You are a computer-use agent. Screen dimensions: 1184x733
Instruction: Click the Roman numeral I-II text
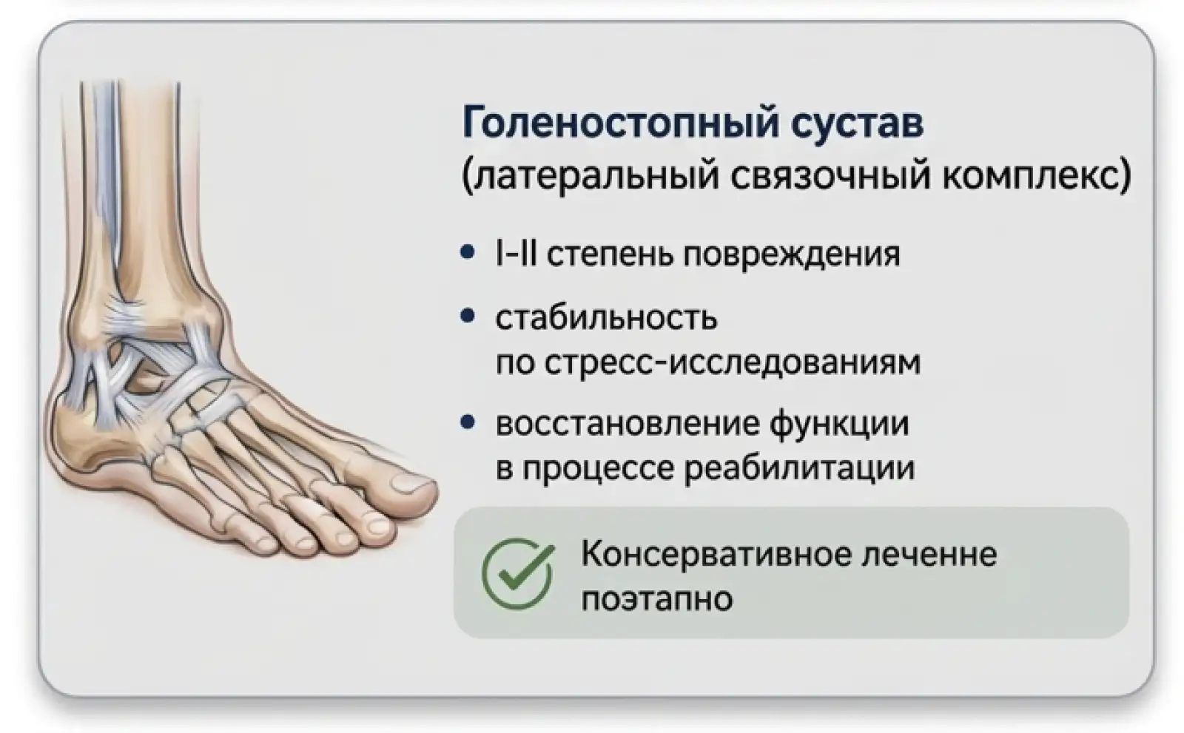tap(517, 254)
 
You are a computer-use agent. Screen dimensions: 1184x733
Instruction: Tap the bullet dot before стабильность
tap(467, 317)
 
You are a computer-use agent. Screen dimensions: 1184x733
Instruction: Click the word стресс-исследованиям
tap(733, 363)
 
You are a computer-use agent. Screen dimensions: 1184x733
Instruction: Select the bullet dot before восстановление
tap(467, 422)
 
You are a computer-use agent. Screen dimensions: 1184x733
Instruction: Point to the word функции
tap(839, 425)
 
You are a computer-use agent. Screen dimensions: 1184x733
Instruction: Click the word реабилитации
tap(799, 469)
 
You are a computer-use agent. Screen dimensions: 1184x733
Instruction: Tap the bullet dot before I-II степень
tap(467, 252)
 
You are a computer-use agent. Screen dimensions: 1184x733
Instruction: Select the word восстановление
tap(626, 425)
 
